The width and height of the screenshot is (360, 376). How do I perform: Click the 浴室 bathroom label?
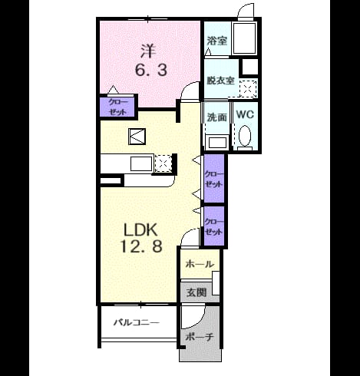[216, 41]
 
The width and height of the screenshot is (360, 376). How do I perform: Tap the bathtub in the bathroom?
[244, 38]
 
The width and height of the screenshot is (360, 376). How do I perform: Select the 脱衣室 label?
[220, 81]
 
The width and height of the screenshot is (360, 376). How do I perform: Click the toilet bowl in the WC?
[245, 135]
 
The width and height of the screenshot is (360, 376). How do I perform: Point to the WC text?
[245, 114]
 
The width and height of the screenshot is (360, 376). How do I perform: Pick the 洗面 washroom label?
[216, 117]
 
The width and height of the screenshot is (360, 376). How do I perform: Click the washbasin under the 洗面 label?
[218, 143]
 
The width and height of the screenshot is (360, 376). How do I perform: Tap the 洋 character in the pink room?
[148, 51]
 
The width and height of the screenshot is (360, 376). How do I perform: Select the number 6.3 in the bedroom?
[151, 70]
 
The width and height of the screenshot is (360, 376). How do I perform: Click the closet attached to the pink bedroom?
[117, 107]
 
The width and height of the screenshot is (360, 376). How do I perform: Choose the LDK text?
[140, 229]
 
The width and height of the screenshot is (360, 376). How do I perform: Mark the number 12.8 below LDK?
[141, 246]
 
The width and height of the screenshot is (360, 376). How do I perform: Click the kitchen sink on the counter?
[141, 163]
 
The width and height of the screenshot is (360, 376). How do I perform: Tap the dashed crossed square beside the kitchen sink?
[163, 163]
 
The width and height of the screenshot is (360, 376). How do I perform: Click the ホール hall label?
[200, 264]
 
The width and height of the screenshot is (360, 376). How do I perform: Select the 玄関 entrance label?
[197, 292]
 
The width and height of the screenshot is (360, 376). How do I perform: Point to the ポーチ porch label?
[200, 337]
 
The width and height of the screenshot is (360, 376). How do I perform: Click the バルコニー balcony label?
[137, 322]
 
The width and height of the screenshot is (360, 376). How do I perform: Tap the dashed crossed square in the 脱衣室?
[248, 88]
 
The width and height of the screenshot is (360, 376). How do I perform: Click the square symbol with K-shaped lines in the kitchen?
[137, 137]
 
